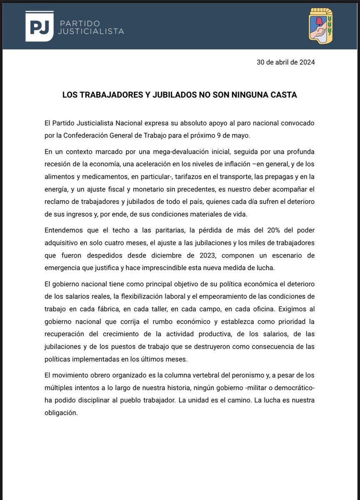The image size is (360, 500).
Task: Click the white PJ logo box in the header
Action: [x=39, y=26]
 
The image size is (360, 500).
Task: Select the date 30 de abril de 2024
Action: [x=286, y=62]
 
